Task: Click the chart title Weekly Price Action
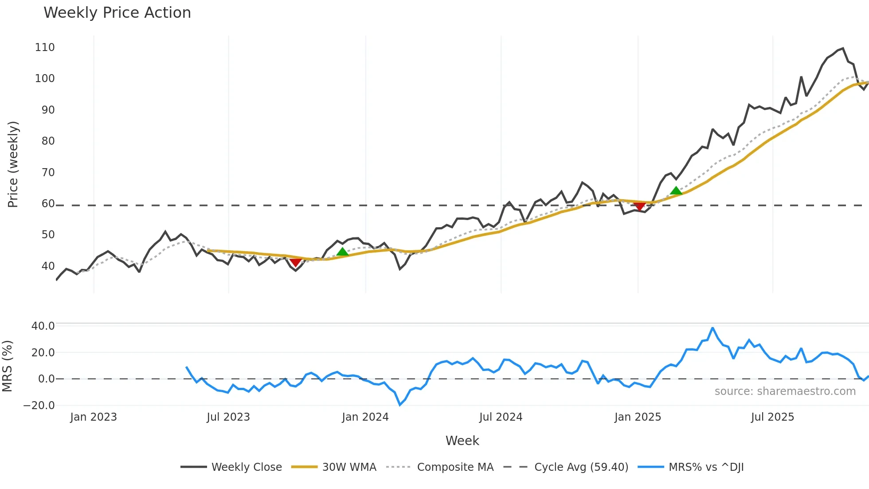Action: pyautogui.click(x=117, y=13)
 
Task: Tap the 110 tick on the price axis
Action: pyautogui.click(x=45, y=47)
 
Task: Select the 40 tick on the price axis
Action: pyautogui.click(x=48, y=266)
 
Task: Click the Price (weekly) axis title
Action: pyautogui.click(x=13, y=164)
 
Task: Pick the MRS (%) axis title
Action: pyautogui.click(x=7, y=366)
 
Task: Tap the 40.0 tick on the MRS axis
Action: pyautogui.click(x=43, y=326)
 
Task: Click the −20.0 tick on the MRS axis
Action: pyautogui.click(x=39, y=405)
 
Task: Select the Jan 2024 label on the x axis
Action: pyautogui.click(x=365, y=417)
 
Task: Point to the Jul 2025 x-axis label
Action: pyautogui.click(x=772, y=417)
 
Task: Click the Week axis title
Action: pyautogui.click(x=462, y=441)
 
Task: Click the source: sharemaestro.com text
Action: pyautogui.click(x=785, y=391)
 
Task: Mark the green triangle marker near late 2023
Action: pyautogui.click(x=342, y=252)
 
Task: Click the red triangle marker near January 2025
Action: pyautogui.click(x=639, y=206)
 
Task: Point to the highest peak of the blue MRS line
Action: pyautogui.click(x=712, y=328)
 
